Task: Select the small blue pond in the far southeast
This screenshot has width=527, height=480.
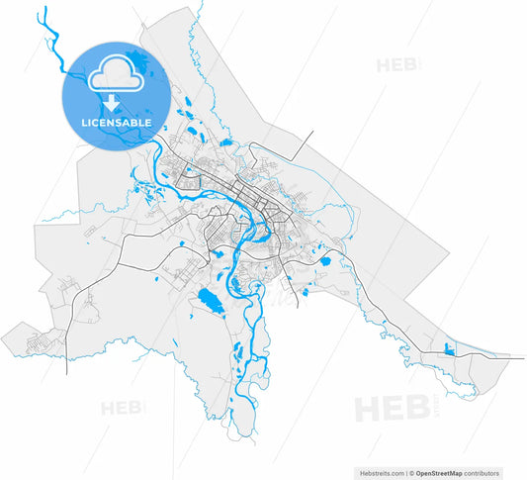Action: [x=450, y=348]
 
